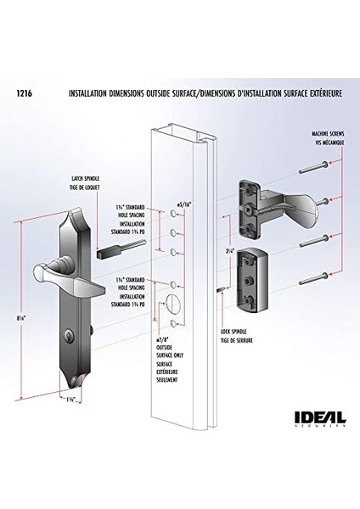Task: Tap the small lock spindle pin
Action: click(220, 291)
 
